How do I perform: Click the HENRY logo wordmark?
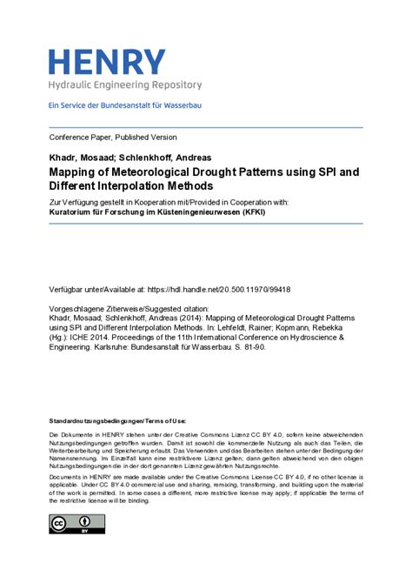106,62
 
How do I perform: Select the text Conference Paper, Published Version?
113,137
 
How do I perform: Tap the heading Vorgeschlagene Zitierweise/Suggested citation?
130,308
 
